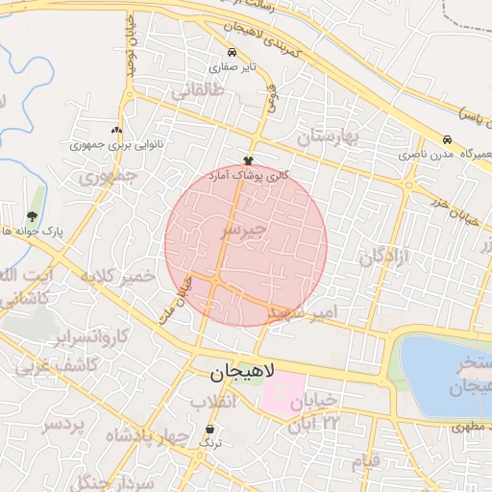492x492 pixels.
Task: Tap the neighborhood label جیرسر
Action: (241, 232)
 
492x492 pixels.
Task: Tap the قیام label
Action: (366, 461)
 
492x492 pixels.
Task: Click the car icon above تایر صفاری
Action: (232, 53)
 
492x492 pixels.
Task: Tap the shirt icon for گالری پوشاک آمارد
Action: (248, 160)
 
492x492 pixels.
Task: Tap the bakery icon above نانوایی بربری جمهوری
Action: (117, 130)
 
